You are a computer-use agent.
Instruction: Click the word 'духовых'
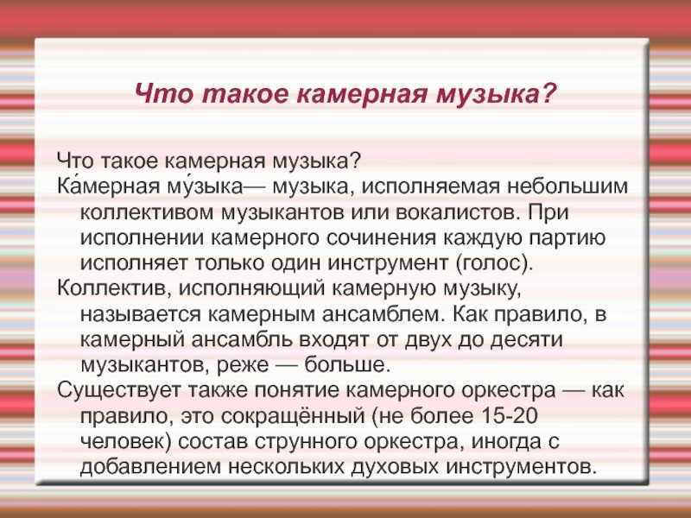tap(431, 466)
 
